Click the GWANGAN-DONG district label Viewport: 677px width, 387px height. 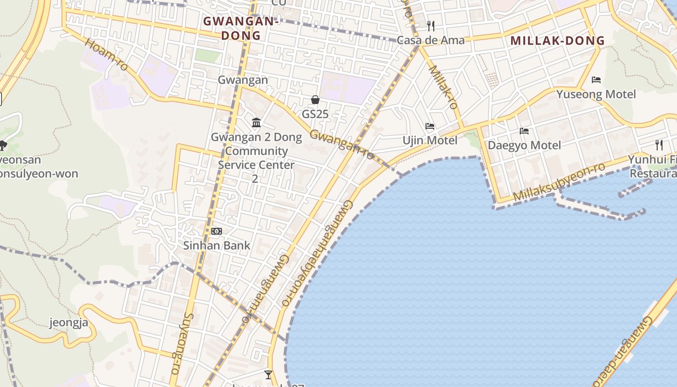[x=241, y=28]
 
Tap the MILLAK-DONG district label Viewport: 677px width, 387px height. [x=558, y=41]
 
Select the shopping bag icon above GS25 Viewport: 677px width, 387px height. [x=315, y=100]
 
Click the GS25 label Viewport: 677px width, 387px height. [x=315, y=115]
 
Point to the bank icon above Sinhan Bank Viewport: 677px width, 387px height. [x=217, y=231]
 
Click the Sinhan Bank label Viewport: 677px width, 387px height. [x=217, y=245]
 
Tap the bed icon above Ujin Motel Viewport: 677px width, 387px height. [x=430, y=126]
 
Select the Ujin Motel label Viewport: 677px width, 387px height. [x=430, y=140]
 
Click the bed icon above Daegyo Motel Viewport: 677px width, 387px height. [x=524, y=131]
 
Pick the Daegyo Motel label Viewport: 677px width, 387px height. [x=524, y=145]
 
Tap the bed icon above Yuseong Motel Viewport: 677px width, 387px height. [x=596, y=80]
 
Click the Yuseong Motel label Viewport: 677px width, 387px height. [x=596, y=94]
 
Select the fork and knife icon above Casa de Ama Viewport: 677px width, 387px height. [x=430, y=26]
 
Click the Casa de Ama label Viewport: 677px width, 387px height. [x=430, y=40]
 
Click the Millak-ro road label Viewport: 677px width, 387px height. [x=443, y=87]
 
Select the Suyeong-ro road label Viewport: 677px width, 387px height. [x=181, y=343]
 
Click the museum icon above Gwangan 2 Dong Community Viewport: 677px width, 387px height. [x=256, y=123]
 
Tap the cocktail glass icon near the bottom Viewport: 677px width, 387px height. [x=268, y=374]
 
